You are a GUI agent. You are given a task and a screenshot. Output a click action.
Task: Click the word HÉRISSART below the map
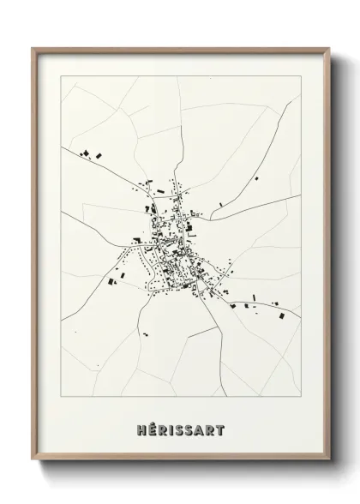pos(180,425)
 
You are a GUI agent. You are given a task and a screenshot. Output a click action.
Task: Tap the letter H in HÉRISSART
pos(141,425)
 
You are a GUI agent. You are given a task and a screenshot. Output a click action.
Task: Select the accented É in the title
pos(151,425)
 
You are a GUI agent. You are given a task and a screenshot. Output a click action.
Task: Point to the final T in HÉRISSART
pos(220,425)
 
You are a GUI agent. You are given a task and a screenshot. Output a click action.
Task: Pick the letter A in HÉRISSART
pos(200,425)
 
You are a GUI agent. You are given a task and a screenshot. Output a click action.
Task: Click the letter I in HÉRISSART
pos(171,425)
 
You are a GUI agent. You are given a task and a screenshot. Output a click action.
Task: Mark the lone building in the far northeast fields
pos(255,179)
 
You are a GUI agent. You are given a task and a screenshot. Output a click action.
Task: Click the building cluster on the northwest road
pos(90,154)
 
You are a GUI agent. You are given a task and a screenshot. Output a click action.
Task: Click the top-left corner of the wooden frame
pos(33,49)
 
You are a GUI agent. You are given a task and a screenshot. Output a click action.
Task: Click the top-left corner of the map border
pos(61,76)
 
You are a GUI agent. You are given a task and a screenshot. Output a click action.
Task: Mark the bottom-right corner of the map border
pos(301,396)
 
